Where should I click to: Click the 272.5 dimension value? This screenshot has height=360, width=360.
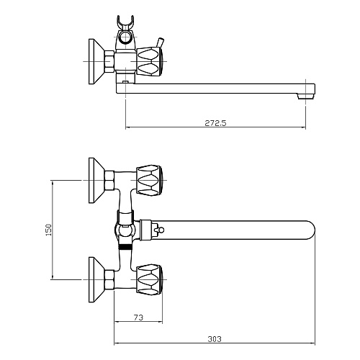point(215,123)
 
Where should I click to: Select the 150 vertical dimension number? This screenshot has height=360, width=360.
point(48,228)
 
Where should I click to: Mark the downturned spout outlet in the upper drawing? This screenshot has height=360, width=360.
point(309,92)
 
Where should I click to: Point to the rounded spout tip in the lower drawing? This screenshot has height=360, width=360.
point(307,230)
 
